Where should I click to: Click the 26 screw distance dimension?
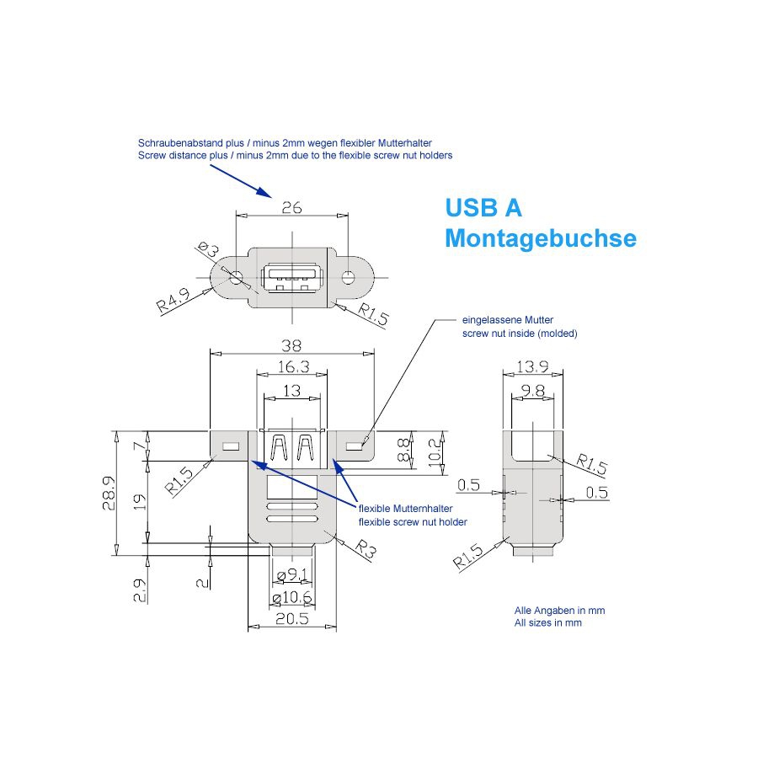291,208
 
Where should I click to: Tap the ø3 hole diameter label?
208,250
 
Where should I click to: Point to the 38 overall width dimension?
291,345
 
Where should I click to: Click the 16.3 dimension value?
291,367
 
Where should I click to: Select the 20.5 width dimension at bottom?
291,617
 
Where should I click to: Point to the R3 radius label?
365,552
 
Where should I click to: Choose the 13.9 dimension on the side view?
532,367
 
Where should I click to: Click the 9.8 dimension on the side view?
532,390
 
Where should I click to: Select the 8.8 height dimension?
405,449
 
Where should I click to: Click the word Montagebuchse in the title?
540,238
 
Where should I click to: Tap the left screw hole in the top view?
236,276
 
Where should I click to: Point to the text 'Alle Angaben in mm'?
559,610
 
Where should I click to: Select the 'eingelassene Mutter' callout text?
503,321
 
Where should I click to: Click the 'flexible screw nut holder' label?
413,522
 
